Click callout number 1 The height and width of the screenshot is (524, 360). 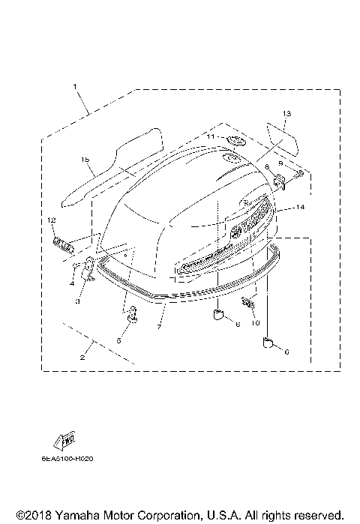coord(75,87)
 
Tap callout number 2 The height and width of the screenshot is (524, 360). coord(82,358)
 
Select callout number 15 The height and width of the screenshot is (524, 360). coord(85,160)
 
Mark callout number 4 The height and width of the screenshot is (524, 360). coord(72,283)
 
